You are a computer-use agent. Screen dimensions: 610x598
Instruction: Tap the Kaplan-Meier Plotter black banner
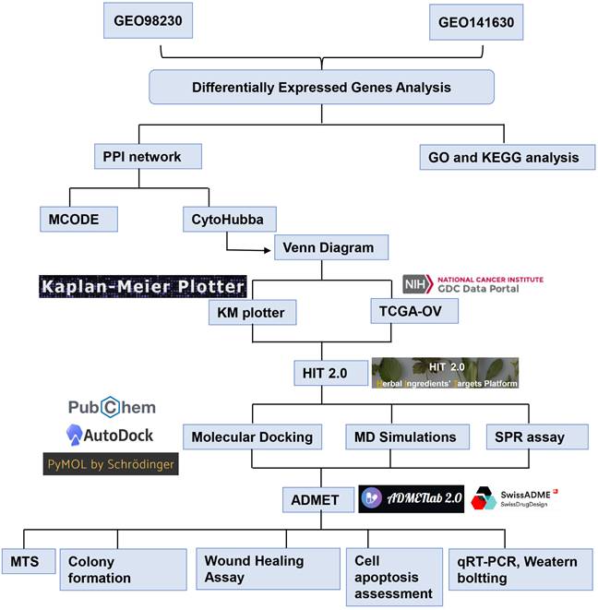point(141,286)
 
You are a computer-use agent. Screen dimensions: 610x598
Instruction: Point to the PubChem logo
point(112,407)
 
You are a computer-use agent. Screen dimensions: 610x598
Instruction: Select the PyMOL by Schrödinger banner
point(110,463)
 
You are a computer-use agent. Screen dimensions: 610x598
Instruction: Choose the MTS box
point(27,561)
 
